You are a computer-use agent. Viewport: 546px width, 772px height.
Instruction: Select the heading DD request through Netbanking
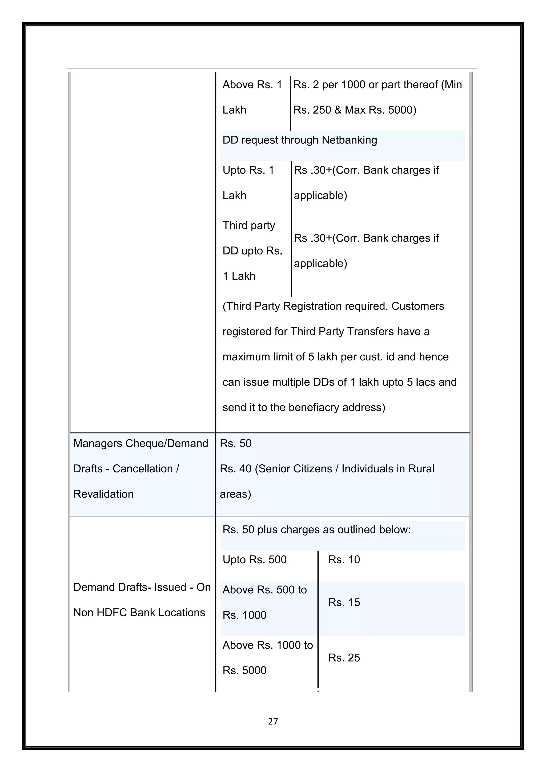pos(300,140)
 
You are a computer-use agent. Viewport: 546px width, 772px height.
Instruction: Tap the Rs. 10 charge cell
pos(344,560)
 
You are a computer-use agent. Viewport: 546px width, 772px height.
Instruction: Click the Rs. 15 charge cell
pos(344,602)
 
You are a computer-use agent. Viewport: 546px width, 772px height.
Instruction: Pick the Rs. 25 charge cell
pos(344,657)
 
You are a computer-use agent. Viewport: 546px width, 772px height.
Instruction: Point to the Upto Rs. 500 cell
pos(255,560)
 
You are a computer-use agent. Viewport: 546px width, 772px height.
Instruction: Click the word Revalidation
pos(103,494)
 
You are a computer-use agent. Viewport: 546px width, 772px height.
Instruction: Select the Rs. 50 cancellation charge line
pos(236,444)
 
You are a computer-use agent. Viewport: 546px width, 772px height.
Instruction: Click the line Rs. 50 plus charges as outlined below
pos(316,530)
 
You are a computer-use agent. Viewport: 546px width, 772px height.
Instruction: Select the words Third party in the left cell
pos(249,225)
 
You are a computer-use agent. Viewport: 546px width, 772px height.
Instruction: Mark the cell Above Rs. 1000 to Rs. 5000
pos(267,657)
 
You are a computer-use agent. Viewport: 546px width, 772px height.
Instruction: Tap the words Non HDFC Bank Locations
pos(139,613)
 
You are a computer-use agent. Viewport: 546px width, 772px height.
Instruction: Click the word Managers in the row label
pos(98,444)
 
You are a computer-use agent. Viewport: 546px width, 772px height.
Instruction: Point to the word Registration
pos(309,306)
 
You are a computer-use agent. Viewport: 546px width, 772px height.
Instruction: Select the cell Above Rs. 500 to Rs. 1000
pos(264,602)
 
